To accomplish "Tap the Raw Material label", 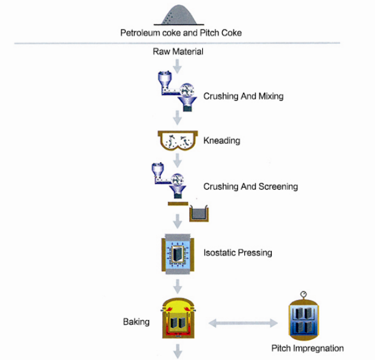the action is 178,51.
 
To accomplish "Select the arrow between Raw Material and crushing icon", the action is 177,66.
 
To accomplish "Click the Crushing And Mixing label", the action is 244,96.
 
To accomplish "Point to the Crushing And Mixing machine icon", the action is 177,91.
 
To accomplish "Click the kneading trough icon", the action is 178,140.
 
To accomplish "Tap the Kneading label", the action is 222,140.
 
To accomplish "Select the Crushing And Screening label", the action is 250,187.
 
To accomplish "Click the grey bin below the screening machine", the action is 199,213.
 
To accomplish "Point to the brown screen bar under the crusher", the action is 178,203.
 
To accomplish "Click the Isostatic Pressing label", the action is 238,252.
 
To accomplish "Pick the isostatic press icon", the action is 178,254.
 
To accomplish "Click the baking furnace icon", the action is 178,318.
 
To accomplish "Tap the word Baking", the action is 136,322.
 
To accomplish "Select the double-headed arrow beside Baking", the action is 243,323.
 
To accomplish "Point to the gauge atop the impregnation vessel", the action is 304,294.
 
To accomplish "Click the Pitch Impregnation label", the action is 307,348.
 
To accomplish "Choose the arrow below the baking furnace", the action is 177,351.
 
